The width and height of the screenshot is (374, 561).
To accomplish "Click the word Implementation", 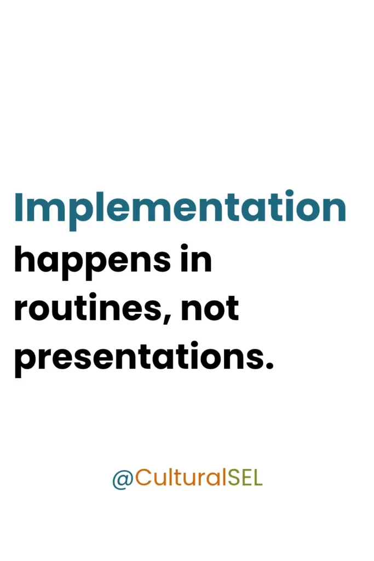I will click(x=180, y=208).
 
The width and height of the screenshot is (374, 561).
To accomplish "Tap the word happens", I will click(x=92, y=260).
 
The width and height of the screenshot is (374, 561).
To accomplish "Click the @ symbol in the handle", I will click(x=123, y=479).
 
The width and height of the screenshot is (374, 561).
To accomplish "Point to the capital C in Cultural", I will click(x=143, y=478).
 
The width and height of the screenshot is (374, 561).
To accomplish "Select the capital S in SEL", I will click(x=233, y=478).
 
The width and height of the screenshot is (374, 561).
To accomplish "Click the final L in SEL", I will click(x=258, y=478).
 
